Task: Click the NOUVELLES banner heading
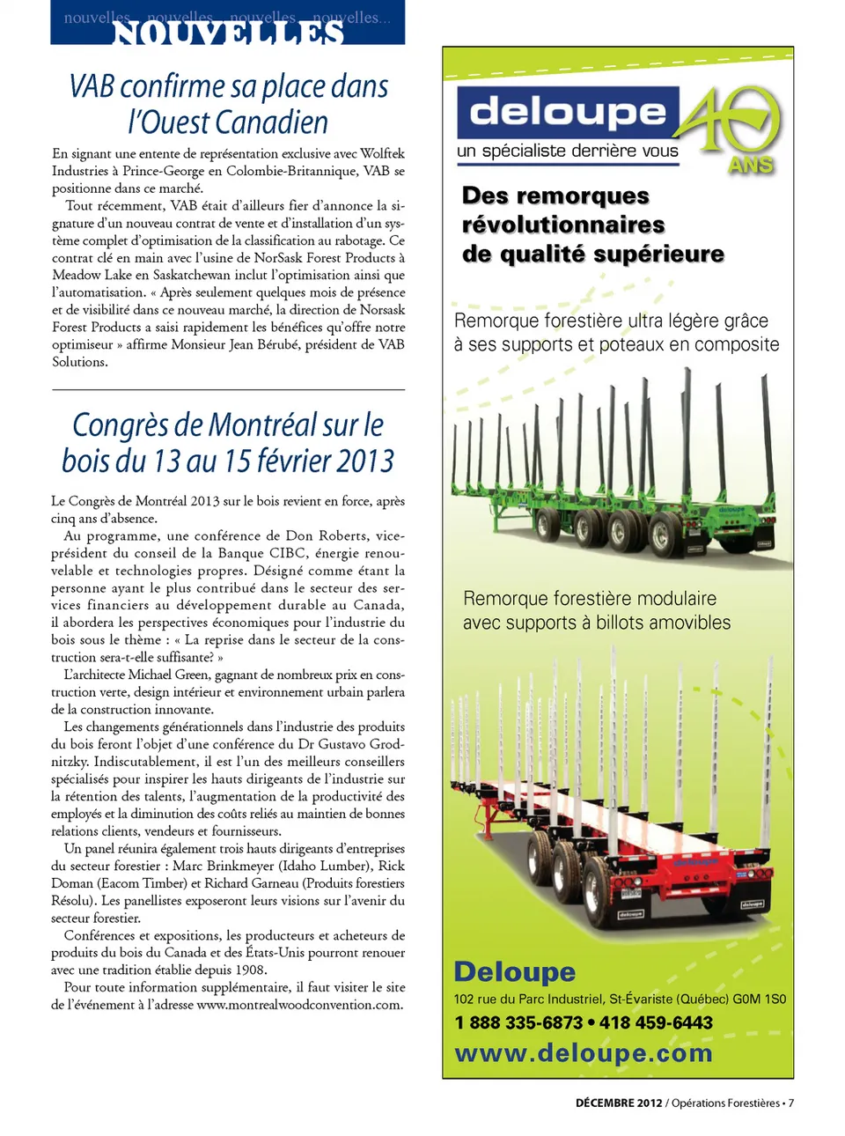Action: point(228,33)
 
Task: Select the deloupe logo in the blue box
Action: point(568,112)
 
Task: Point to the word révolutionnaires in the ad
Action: point(562,225)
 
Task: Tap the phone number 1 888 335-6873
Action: point(518,1022)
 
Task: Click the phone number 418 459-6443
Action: point(656,1022)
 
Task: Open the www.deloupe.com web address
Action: point(583,1053)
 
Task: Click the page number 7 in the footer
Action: point(790,1103)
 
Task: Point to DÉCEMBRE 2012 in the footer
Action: point(618,1103)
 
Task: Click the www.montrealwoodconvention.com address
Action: point(299,1005)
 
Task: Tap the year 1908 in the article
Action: point(251,970)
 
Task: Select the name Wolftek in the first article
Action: point(382,153)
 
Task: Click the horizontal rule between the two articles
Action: point(228,389)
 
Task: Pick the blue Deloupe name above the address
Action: point(514,971)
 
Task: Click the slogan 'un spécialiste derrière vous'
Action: point(567,151)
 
